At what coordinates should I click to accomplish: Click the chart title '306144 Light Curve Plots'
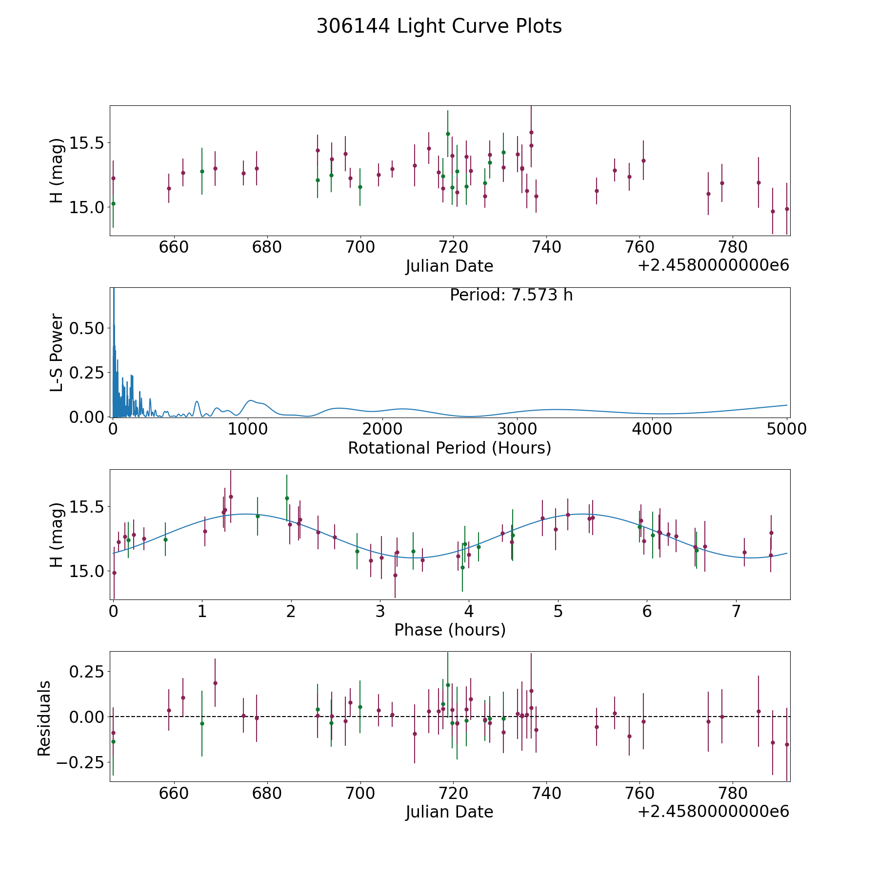coord(439,26)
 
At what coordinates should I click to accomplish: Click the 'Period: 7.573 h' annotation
coord(511,295)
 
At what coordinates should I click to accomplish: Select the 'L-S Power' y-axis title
coord(57,352)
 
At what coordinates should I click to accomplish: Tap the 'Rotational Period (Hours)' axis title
coord(449,448)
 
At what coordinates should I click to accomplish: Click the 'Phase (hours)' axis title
coord(450,630)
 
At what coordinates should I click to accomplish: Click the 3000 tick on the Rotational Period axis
coord(517,429)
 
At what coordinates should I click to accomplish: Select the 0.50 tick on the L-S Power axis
coord(87,328)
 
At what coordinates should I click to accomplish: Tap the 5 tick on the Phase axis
coord(558,611)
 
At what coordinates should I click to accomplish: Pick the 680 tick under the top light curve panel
coord(267,247)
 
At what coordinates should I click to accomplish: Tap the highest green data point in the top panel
coord(448,134)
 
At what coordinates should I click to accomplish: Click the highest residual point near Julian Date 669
coord(215,683)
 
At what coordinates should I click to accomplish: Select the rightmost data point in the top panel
coord(787,209)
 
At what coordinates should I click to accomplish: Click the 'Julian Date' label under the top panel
coord(449,266)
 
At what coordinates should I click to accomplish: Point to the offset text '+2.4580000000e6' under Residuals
coord(713,812)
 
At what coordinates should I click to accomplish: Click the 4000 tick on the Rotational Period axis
coord(652,429)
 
